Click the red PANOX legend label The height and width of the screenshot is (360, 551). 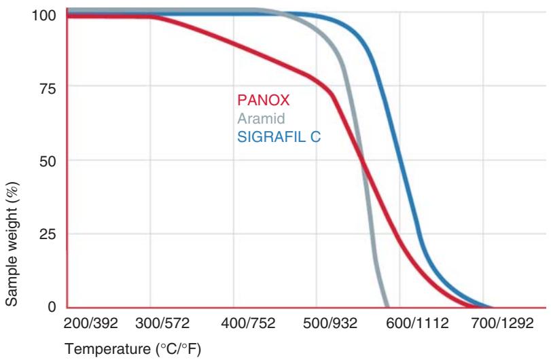point(263,101)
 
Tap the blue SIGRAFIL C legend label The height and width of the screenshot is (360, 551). point(278,137)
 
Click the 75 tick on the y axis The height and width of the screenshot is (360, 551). point(47,88)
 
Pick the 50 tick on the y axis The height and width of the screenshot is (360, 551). point(47,161)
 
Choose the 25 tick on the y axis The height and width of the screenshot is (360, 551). point(47,234)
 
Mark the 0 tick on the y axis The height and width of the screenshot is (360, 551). point(50,307)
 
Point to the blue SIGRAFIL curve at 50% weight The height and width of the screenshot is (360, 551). point(400,161)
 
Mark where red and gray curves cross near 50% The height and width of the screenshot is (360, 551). point(362,162)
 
